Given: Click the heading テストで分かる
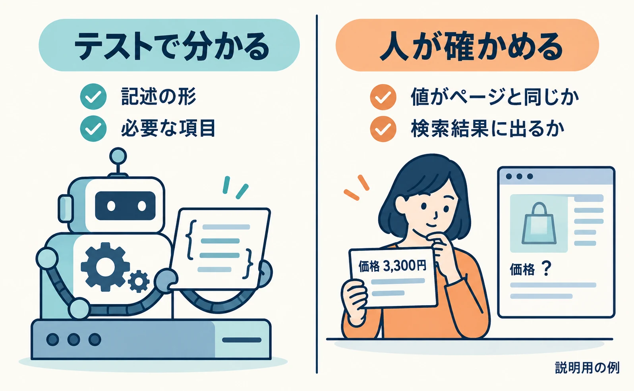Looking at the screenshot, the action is tap(171, 46).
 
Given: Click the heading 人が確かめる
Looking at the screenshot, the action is tap(471, 46).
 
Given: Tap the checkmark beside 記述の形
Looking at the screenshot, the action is tap(93, 96).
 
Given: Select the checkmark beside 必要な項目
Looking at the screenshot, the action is tap(93, 129).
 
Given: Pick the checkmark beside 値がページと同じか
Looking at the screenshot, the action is tap(383, 97).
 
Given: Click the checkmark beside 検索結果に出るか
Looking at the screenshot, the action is tap(383, 129).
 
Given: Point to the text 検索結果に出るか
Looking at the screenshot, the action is tap(488, 129).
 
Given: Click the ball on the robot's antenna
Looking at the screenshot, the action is tap(118, 156).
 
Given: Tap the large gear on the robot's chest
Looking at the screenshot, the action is tap(105, 267).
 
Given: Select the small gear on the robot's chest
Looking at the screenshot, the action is tap(139, 281).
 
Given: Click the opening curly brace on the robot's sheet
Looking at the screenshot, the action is tap(191, 240).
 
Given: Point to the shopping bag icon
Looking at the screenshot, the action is tap(539, 223).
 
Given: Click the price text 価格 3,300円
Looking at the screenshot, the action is tap(392, 266).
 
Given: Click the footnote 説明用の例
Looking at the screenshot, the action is tap(587, 368).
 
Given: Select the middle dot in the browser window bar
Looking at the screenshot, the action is tap(519, 177).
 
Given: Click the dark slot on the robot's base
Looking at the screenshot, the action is tap(242, 340).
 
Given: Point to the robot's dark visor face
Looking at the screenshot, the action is tap(126, 206).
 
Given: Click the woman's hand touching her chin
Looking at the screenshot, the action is tap(445, 249).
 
